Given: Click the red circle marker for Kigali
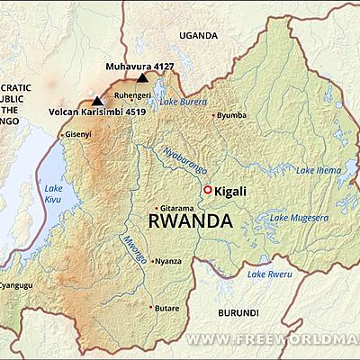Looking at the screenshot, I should [208, 190].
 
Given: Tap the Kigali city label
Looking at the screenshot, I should [230, 191].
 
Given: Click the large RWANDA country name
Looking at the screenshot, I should [190, 220].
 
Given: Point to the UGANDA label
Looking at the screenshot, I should [198, 35].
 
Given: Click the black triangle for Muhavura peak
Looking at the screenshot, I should [141, 78].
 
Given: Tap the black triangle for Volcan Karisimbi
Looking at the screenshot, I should [97, 102].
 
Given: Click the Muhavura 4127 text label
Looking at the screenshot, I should [138, 66].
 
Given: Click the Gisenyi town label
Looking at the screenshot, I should [76, 134].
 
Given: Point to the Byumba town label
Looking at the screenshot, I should [231, 115].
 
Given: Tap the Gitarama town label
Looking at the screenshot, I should [175, 207].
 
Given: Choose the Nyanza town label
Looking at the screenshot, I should [167, 261].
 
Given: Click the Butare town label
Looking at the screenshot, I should [166, 307].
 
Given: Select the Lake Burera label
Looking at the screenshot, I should [183, 103].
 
